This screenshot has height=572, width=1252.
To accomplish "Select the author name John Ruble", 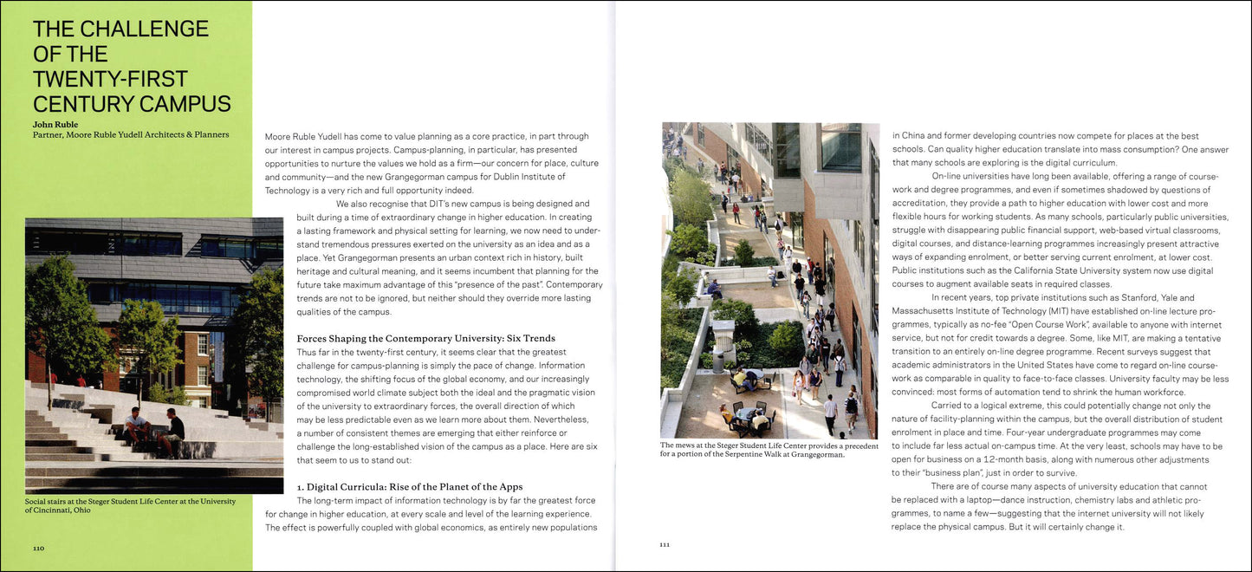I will pyautogui.click(x=55, y=124).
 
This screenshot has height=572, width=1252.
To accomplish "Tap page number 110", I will pyautogui.click(x=39, y=549).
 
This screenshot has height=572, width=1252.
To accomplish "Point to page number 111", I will pyautogui.click(x=665, y=545).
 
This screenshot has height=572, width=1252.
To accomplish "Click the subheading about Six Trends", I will pyautogui.click(x=426, y=338).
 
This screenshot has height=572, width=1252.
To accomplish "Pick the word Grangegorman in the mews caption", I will pyautogui.click(x=814, y=454).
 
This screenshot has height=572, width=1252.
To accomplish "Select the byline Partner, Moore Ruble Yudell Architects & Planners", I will pyautogui.click(x=131, y=134).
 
